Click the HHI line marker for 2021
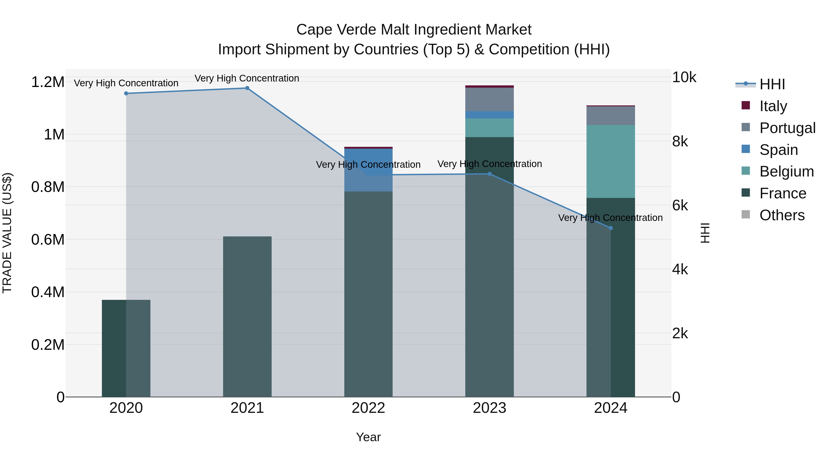[x=247, y=88]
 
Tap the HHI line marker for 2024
[x=611, y=228]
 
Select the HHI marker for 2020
[x=126, y=93]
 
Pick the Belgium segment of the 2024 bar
[x=611, y=161]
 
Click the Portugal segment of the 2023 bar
[x=489, y=99]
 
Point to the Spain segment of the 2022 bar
[x=368, y=170]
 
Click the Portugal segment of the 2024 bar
[x=611, y=116]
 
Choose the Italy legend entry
[x=773, y=106]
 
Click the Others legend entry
[x=782, y=215]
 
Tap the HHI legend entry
[x=772, y=84]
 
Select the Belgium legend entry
[x=786, y=171]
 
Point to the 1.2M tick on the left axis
[x=48, y=82]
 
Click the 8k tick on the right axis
[x=680, y=142]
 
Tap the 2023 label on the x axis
[x=489, y=408]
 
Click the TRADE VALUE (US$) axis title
[x=7, y=233]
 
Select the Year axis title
[x=368, y=437]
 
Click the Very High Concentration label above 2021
[x=247, y=78]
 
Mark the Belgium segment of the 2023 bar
[x=489, y=128]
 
